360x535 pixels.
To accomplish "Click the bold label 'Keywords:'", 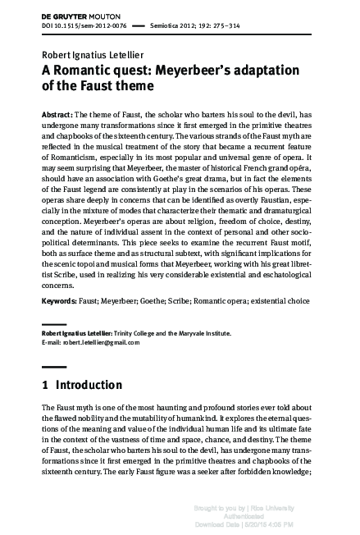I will (x=61, y=301).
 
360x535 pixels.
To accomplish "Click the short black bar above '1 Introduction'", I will (x=53, y=367).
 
